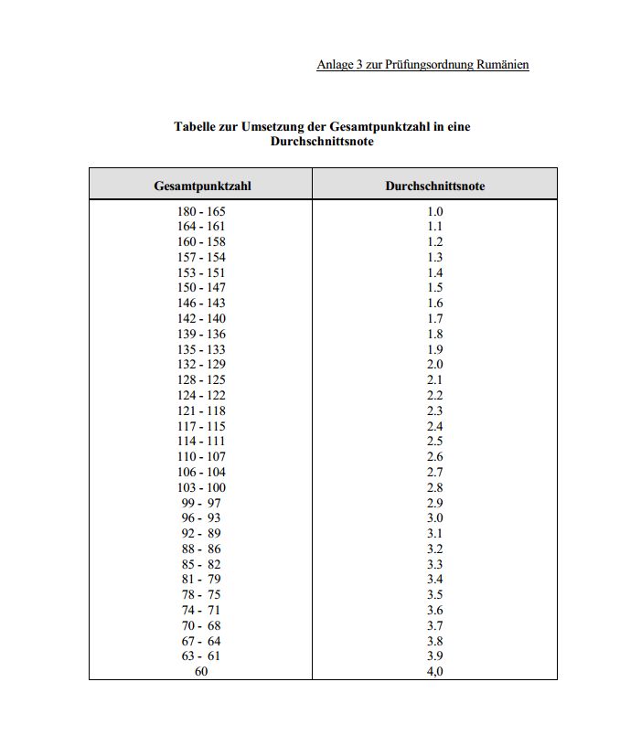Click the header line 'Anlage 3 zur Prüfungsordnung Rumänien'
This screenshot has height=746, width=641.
pos(422,64)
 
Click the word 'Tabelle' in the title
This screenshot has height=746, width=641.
pos(197,126)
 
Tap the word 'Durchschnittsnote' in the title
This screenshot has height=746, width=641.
pos(322,142)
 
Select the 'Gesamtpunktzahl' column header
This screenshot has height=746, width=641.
pos(202,186)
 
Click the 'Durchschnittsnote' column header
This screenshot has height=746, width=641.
pos(434,186)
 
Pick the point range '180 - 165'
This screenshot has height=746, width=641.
pos(201,211)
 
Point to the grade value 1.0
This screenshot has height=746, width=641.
pos(435,211)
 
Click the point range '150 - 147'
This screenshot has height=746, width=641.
pos(201,288)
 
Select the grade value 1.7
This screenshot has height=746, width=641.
pos(435,318)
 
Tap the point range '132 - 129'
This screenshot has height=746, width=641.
pos(201,365)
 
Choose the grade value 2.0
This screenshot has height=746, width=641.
pos(435,365)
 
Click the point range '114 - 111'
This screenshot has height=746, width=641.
pos(201,441)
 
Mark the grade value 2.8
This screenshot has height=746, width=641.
pos(435,487)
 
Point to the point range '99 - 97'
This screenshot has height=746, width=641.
pos(201,503)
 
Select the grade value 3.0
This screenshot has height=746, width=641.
pos(435,517)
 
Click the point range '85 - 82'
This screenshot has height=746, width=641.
pos(201,564)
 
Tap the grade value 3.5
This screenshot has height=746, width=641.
pos(435,594)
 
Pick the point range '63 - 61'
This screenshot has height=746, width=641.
pos(201,655)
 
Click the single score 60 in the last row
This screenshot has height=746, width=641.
pos(201,671)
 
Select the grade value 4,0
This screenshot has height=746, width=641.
pos(435,671)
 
